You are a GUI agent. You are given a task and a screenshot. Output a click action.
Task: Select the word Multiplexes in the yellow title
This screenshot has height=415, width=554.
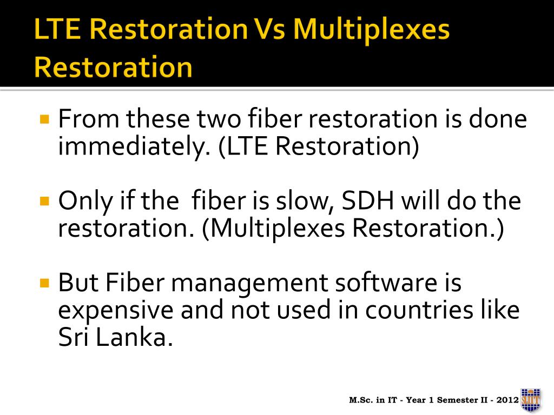371,30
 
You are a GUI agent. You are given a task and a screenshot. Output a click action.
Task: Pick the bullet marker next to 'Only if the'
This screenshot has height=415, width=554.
44,201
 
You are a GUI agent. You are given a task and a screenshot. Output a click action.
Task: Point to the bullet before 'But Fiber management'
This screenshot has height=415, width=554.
44,283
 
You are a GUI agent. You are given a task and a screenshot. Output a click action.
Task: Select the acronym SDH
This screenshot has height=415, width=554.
368,201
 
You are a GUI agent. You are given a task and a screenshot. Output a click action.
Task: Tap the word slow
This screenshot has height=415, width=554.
305,201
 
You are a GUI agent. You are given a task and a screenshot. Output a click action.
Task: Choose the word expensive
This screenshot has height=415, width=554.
116,311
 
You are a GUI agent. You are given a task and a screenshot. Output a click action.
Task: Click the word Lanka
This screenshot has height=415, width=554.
134,337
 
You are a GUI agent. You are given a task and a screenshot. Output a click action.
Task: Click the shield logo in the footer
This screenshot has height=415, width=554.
531,400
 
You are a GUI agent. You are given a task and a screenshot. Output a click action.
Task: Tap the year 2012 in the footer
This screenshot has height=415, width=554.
507,400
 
